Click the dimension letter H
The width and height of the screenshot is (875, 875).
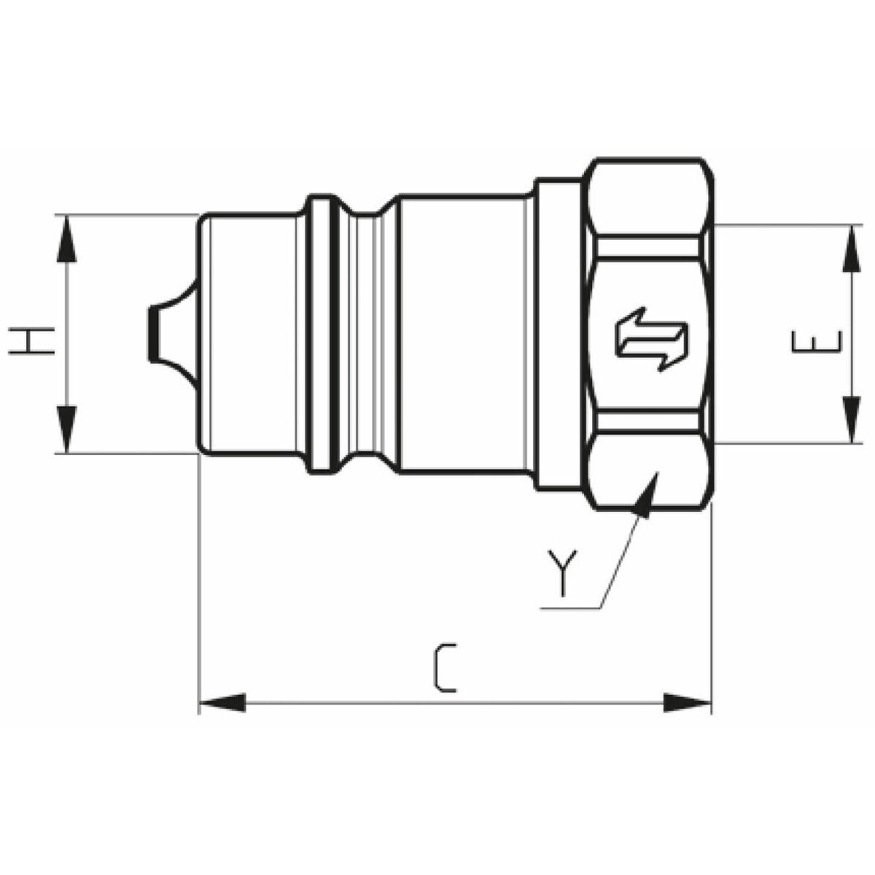click(x=31, y=341)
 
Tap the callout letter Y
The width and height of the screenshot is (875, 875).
click(x=563, y=572)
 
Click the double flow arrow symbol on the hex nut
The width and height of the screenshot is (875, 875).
click(x=651, y=340)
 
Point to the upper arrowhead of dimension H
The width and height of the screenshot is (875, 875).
click(x=66, y=238)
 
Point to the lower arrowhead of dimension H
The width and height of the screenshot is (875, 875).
click(x=66, y=429)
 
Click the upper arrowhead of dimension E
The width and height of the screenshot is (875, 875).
click(x=851, y=249)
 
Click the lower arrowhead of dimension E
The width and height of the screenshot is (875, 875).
click(x=851, y=419)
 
